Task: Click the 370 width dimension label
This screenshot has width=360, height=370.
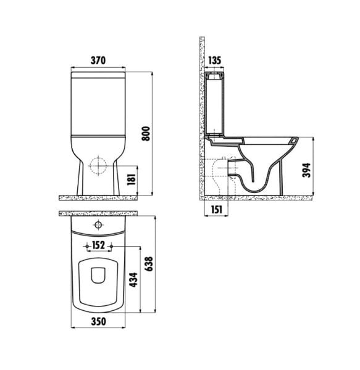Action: point(98,60)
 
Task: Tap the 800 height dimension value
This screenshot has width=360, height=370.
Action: point(146,134)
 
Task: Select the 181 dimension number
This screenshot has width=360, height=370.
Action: point(132,179)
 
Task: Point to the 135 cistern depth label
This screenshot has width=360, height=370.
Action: point(214,60)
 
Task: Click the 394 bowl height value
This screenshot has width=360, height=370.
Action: point(307,170)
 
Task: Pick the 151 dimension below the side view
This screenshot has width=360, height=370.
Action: point(217,209)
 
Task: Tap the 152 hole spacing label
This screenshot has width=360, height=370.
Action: point(98,245)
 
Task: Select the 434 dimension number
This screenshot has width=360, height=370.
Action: point(134,280)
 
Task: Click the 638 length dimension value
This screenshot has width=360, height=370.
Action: point(149,264)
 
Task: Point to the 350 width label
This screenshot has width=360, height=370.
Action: point(99,321)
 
